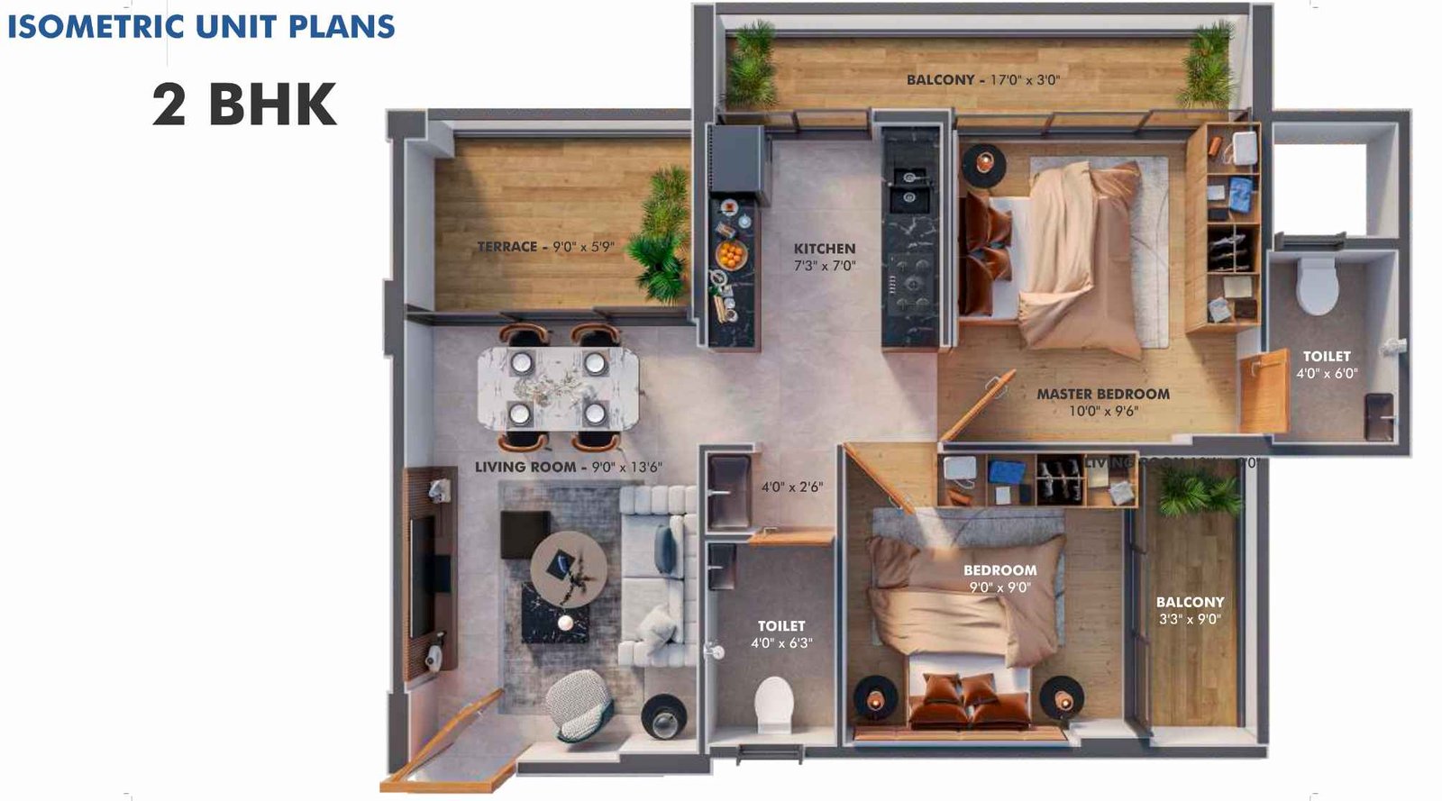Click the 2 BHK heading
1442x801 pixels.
tap(244, 105)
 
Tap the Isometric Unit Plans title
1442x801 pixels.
tap(201, 26)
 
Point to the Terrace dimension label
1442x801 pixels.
tap(545, 246)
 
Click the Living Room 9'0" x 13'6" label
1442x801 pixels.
tap(568, 467)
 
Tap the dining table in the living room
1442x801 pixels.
tap(558, 388)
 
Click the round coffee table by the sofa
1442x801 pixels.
tap(568, 569)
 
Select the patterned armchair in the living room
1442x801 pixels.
tap(579, 704)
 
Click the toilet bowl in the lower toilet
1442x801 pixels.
tap(773, 703)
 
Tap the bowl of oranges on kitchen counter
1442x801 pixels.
tap(731, 254)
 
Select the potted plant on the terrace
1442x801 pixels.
tap(661, 235)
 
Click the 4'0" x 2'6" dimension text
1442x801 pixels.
tap(791, 487)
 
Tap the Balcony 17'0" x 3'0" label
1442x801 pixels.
tap(982, 79)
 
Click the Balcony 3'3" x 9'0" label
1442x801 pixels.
tap(1190, 610)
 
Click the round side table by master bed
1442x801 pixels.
tap(983, 164)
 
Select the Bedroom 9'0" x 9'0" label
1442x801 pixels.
tap(999, 578)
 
